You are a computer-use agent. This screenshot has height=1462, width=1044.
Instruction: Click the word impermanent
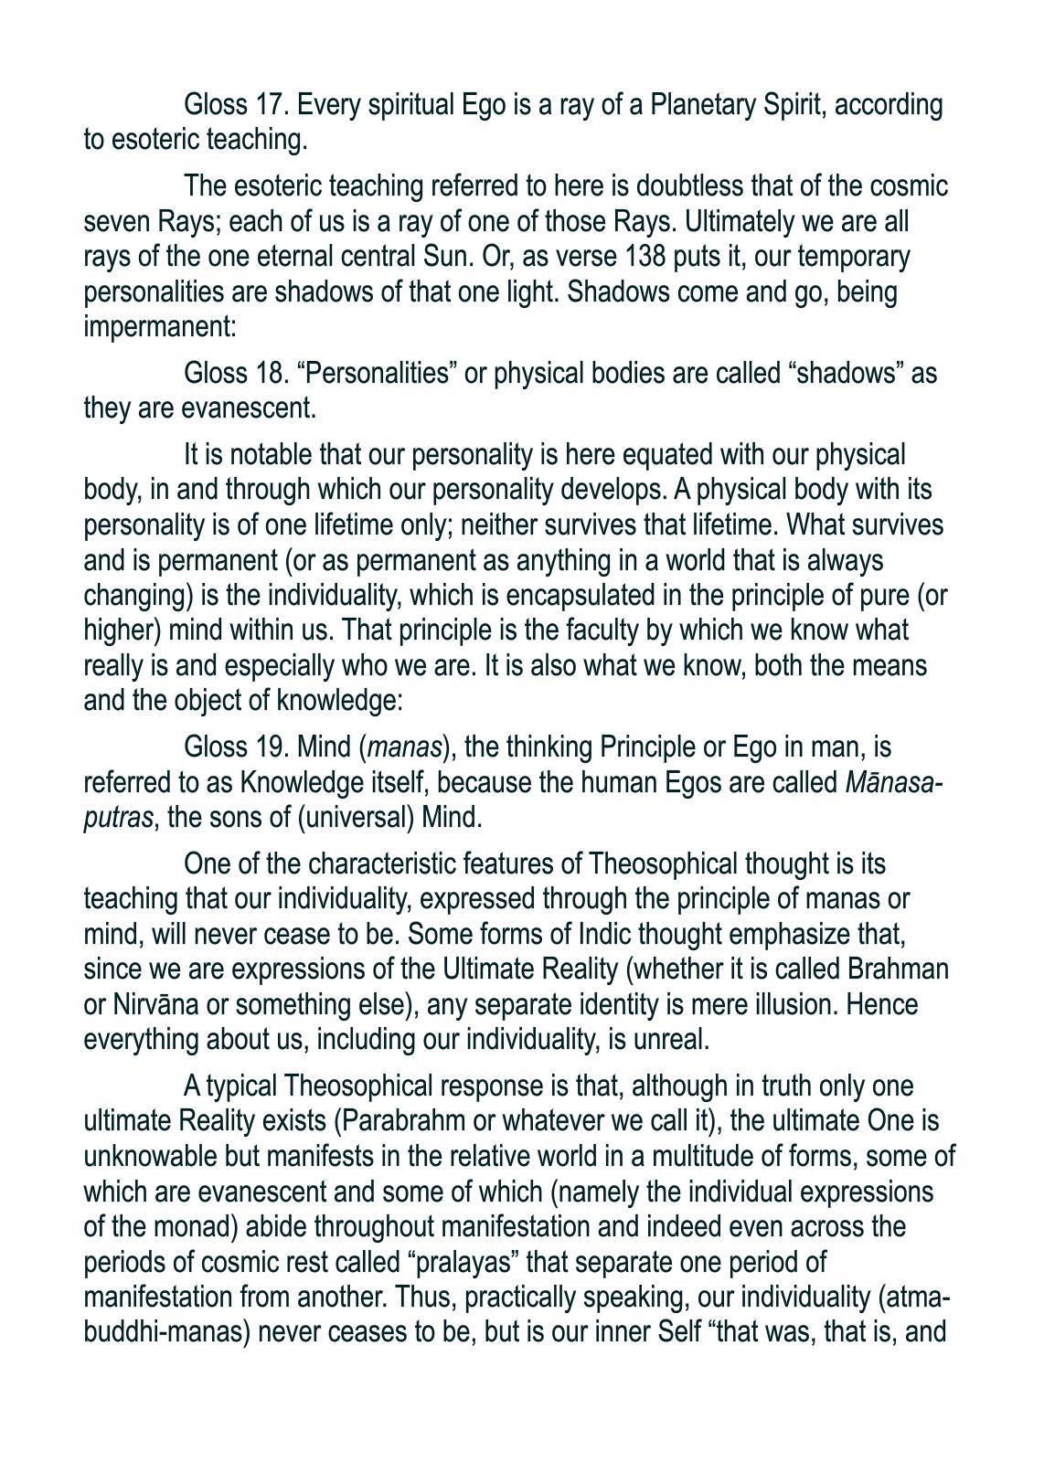160,327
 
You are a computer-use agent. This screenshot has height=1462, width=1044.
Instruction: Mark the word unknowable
151,1157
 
